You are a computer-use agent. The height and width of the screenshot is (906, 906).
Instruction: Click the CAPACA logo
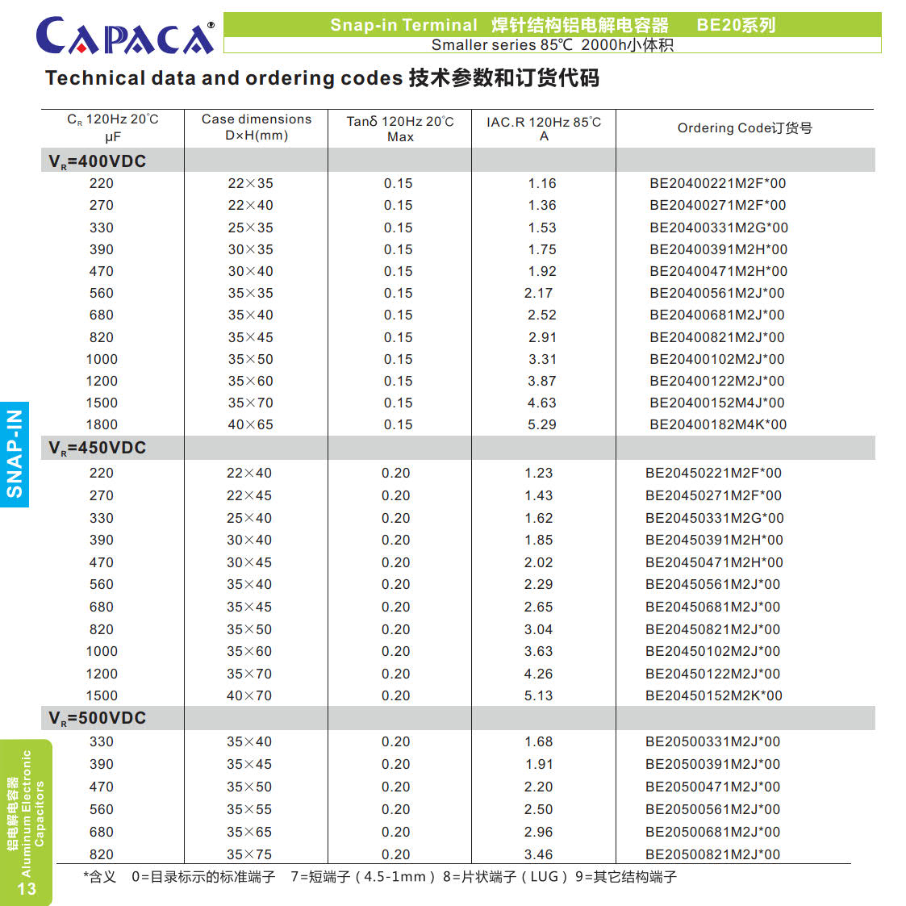125,35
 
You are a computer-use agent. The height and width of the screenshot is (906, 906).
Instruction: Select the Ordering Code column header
744,127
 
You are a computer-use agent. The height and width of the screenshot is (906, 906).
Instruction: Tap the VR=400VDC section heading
97,161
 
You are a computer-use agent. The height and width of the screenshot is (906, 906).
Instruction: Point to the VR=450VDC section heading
97,448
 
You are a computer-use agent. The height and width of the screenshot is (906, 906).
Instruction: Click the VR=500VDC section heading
97,718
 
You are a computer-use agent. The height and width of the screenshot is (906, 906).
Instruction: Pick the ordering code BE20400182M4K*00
717,424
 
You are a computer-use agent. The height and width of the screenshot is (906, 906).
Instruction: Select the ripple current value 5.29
541,424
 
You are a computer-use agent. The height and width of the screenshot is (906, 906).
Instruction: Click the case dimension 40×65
250,424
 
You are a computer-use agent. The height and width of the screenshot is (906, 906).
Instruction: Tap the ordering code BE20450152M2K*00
713,695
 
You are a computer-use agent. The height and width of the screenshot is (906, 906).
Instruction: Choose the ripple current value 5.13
538,695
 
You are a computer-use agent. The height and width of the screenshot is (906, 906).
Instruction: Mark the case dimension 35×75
248,854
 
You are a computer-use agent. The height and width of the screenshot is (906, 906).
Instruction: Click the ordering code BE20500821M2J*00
712,854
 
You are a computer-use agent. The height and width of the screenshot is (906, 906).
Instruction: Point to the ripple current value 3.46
538,854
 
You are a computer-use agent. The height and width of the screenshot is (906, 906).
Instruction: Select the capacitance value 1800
102,424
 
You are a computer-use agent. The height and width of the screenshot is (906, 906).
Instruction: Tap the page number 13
27,888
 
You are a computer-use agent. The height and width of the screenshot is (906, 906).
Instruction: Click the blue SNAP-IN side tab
15,454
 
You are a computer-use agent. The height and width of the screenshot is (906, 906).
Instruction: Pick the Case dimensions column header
256,127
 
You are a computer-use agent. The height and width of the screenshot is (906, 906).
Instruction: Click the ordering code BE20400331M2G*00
718,228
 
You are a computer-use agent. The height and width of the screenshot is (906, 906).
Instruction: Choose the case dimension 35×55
248,809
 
